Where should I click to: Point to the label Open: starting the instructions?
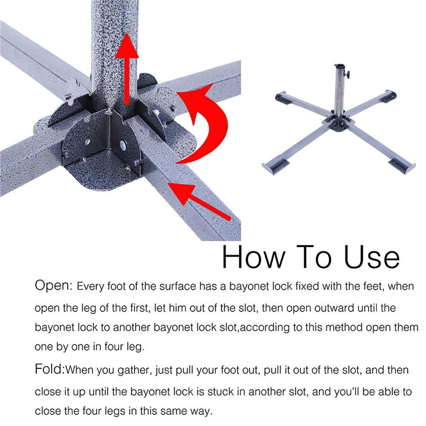54,286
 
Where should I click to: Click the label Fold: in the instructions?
49,369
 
